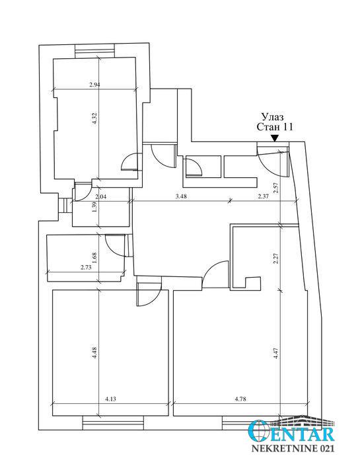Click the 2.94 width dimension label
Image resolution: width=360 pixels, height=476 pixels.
point(94,85)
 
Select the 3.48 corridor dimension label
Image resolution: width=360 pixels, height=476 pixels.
point(181,196)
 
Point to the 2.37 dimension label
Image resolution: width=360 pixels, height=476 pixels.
point(263,196)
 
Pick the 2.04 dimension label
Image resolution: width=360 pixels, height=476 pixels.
point(100,197)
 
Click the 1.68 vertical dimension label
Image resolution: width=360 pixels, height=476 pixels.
point(94,258)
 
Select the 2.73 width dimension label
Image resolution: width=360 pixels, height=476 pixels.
point(86,268)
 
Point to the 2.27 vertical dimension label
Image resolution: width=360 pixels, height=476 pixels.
point(276,258)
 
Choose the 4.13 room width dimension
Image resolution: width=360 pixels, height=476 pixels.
point(110,399)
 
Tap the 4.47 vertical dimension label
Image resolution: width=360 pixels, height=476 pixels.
point(276,354)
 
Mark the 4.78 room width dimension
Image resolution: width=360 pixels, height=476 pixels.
point(240,399)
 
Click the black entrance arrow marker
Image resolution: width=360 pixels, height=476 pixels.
point(275,138)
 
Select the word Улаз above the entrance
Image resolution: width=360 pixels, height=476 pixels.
point(272,117)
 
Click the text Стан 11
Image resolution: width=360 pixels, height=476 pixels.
point(275,127)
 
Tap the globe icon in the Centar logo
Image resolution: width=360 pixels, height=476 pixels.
point(258,431)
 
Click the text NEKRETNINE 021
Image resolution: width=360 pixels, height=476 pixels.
point(293,448)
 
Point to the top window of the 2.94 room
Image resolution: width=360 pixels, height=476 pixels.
point(94,50)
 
